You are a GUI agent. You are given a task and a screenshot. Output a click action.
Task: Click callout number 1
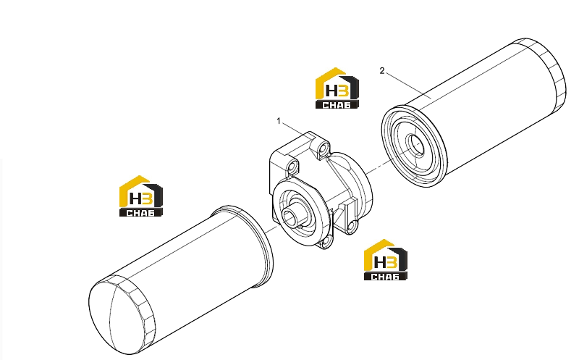(x=279, y=121)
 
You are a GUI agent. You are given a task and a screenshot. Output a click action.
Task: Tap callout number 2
(x=382, y=70)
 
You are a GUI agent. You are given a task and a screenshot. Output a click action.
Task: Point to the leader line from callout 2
(x=408, y=85)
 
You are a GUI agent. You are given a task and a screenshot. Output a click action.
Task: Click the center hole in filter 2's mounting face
(x=415, y=143)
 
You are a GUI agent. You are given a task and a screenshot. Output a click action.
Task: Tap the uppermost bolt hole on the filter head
(x=324, y=149)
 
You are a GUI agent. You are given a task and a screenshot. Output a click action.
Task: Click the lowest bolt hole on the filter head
(x=326, y=242)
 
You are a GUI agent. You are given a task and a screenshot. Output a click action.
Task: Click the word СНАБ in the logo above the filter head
(x=337, y=105)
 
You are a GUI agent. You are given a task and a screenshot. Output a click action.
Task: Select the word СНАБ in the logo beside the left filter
(x=140, y=213)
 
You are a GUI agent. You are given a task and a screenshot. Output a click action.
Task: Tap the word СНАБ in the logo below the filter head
(x=385, y=277)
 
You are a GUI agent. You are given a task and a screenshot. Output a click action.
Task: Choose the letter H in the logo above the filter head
(x=332, y=91)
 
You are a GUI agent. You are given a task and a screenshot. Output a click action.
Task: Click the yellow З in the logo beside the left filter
(x=147, y=199)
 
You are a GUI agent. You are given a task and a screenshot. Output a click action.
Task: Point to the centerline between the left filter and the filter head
(x=271, y=229)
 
